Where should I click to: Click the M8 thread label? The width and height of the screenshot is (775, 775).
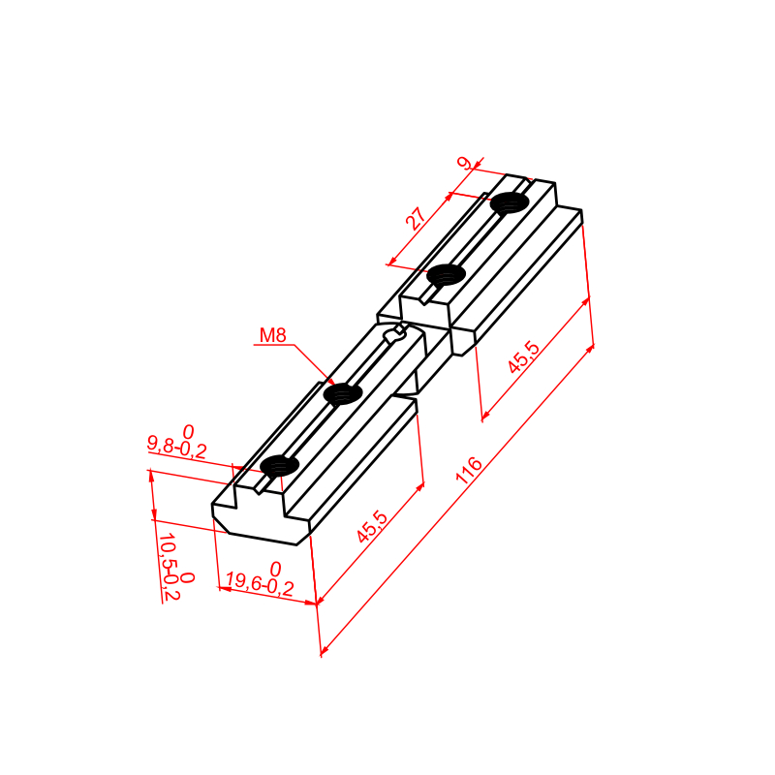pyautogui.click(x=273, y=335)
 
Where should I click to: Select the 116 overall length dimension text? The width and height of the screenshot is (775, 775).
pyautogui.click(x=468, y=470)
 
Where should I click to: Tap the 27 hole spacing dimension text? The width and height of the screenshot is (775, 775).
pyautogui.click(x=416, y=219)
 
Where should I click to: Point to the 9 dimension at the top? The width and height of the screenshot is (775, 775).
pyautogui.click(x=465, y=163)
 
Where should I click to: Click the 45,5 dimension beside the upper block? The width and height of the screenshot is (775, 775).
pyautogui.click(x=523, y=356)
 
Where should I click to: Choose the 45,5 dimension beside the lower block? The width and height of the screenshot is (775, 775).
pyautogui.click(x=373, y=527)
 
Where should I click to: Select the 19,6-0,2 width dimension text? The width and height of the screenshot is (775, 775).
pyautogui.click(x=260, y=584)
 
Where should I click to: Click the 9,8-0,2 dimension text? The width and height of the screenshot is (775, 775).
pyautogui.click(x=177, y=447)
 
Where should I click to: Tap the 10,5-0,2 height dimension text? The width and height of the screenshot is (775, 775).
pyautogui.click(x=169, y=567)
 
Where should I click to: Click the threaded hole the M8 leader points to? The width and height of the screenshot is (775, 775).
pyautogui.click(x=343, y=394)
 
